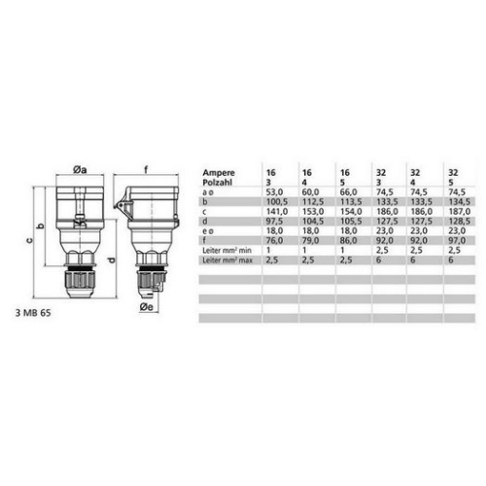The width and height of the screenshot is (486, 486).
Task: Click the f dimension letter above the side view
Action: click(x=146, y=167)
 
